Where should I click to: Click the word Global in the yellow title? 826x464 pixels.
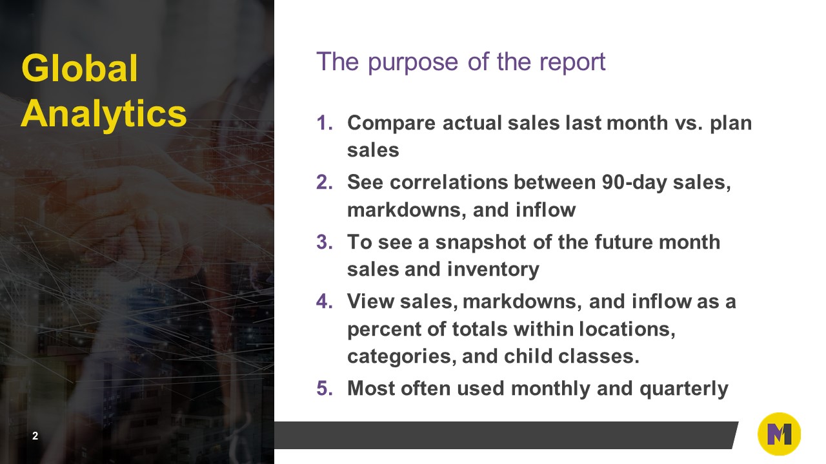click(x=80, y=69)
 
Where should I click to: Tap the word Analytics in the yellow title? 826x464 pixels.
click(x=104, y=114)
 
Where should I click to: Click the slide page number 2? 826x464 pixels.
click(x=35, y=436)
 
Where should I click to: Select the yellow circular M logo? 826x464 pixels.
click(x=779, y=434)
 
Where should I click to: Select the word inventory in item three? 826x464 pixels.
click(x=494, y=269)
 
